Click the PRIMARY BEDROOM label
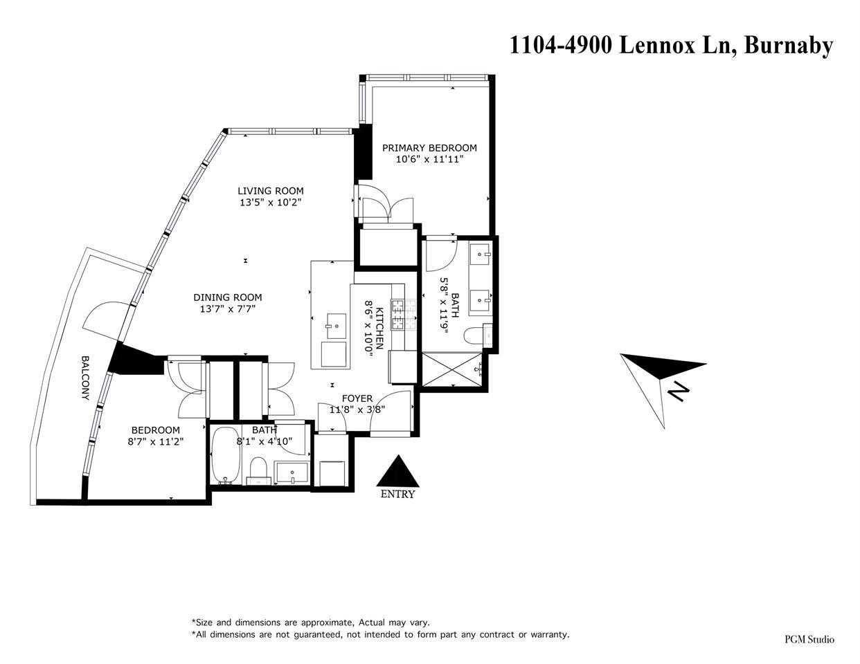429,147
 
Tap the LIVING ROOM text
270,191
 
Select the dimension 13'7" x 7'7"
227,309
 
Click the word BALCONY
85,378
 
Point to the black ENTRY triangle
397,472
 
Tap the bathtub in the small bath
225,456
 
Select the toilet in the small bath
258,469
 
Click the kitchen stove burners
400,314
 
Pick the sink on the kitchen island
337,322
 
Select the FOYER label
357,398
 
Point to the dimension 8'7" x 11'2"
155,441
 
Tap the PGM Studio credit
809,639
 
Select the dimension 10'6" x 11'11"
429,159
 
